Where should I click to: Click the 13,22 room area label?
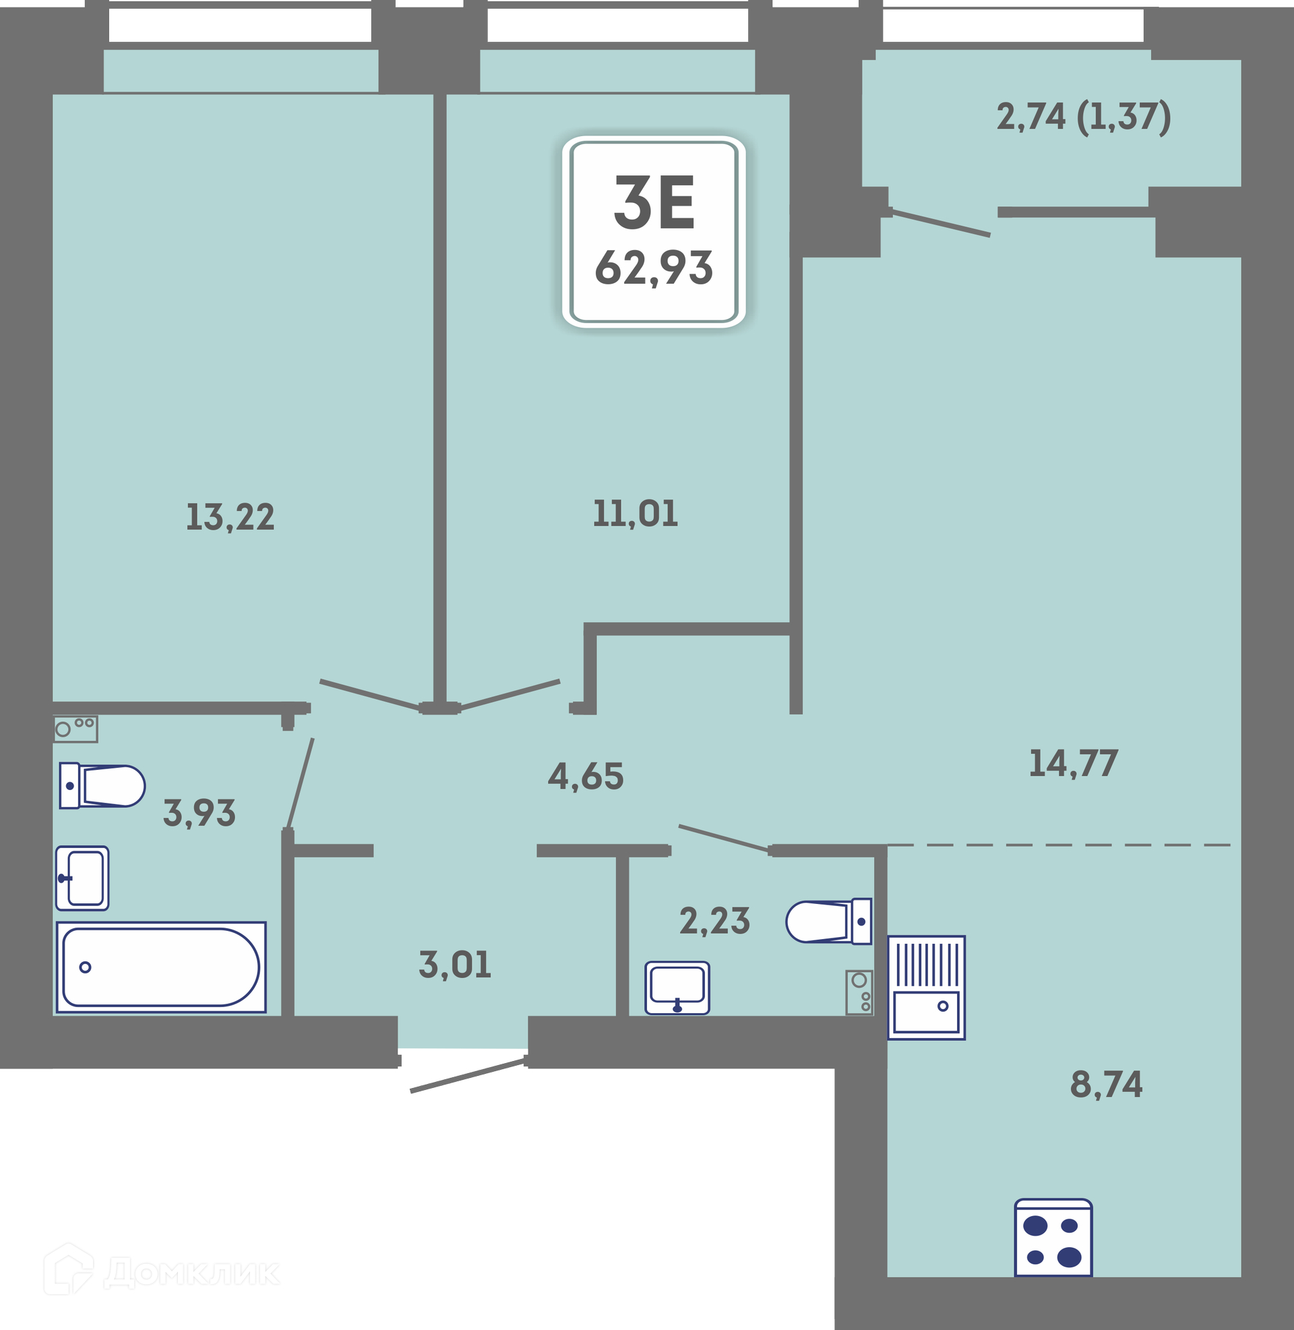click(230, 518)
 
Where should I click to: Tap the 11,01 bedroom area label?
click(635, 514)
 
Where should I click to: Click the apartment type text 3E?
click(654, 202)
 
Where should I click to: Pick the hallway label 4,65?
click(586, 776)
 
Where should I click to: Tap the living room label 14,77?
click(1073, 763)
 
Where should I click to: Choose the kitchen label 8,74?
click(1107, 1084)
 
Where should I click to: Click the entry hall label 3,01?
click(455, 965)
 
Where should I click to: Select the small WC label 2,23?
click(715, 921)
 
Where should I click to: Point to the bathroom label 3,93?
click(199, 813)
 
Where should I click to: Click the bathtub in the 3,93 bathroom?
click(161, 967)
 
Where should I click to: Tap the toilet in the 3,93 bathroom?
click(102, 785)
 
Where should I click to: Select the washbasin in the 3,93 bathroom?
click(82, 878)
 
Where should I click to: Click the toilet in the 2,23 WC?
click(828, 921)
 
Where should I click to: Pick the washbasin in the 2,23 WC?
click(677, 988)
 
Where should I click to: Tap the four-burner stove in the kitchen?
click(1053, 1238)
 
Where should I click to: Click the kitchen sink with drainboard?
click(926, 988)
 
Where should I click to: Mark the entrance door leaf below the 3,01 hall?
click(468, 1075)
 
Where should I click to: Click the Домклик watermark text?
click(191, 1273)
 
